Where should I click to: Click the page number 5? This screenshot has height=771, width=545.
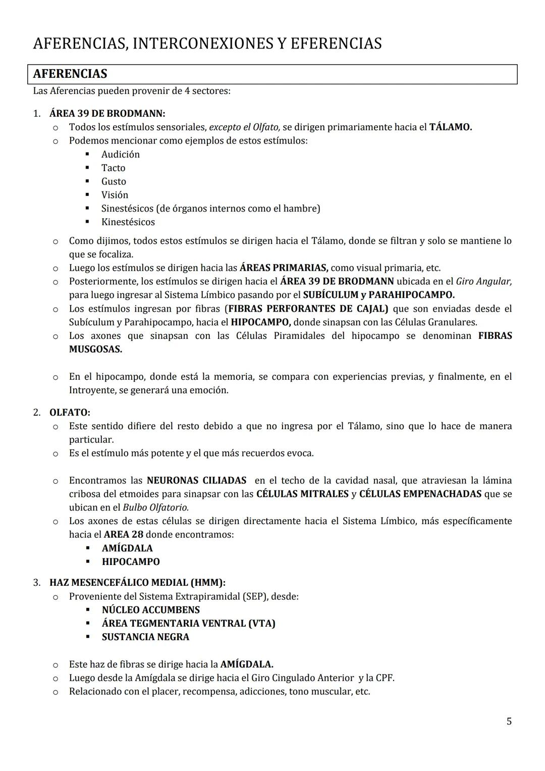[x=509, y=722]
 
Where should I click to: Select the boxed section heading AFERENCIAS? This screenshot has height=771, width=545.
[x=70, y=74]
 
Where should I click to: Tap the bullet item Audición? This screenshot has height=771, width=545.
[x=120, y=155]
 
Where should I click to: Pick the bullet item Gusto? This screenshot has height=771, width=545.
[x=114, y=181]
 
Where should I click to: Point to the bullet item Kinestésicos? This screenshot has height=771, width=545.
[x=128, y=222]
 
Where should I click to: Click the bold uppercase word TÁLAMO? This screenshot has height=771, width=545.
[x=450, y=127]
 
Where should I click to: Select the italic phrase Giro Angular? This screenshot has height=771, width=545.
[x=483, y=281]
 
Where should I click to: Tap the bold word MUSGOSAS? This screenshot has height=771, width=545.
[x=95, y=349]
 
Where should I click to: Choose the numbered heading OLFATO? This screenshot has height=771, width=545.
[x=70, y=413]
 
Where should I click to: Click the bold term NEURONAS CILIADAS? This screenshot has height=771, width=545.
[x=196, y=481]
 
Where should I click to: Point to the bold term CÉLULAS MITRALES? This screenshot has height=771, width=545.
[x=302, y=494]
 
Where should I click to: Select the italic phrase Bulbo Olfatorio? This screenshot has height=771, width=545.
[x=155, y=507]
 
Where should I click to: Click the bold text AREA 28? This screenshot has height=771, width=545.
[x=123, y=534]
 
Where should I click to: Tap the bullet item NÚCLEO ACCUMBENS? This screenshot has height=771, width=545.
[x=150, y=610]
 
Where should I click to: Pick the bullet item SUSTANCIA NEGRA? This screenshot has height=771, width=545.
[x=145, y=637]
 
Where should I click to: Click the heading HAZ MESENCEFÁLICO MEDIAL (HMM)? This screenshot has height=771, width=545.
[x=137, y=583]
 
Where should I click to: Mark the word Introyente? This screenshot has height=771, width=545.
[x=91, y=390]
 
